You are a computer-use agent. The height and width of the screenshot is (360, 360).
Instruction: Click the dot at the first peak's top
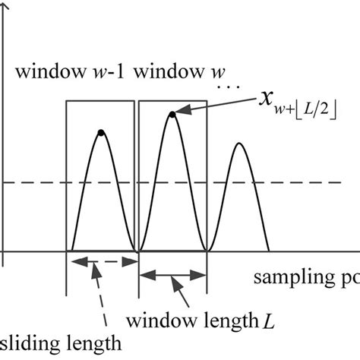[x=100, y=133]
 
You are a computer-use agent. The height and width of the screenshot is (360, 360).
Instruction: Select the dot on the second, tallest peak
[x=172, y=115]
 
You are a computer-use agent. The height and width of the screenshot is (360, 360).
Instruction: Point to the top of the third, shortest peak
[x=240, y=144]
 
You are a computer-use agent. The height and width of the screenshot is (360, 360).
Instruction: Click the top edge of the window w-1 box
[x=100, y=102]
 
